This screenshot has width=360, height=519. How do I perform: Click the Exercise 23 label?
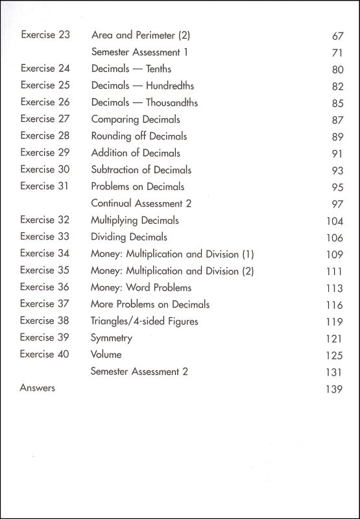pyautogui.click(x=45, y=34)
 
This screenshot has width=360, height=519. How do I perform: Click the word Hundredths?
pyautogui.click(x=170, y=86)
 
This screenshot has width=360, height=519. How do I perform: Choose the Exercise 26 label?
pyautogui.click(x=45, y=102)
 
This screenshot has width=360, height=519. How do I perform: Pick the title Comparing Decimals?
pyautogui.click(x=136, y=119)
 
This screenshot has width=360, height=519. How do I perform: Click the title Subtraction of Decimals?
pyautogui.click(x=141, y=170)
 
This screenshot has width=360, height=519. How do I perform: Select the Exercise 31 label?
pyautogui.click(x=45, y=186)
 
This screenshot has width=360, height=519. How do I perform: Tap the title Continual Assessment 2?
pyautogui.click(x=141, y=203)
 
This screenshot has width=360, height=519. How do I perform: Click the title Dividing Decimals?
pyautogui.click(x=129, y=237)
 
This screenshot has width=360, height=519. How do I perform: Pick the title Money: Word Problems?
pyautogui.click(x=141, y=287)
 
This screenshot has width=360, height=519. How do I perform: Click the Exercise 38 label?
pyautogui.click(x=45, y=320)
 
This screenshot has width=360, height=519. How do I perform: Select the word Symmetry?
pyautogui.click(x=112, y=338)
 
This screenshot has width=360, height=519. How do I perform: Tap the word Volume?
pyautogui.click(x=106, y=355)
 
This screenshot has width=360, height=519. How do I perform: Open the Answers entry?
pyautogui.click(x=38, y=388)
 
